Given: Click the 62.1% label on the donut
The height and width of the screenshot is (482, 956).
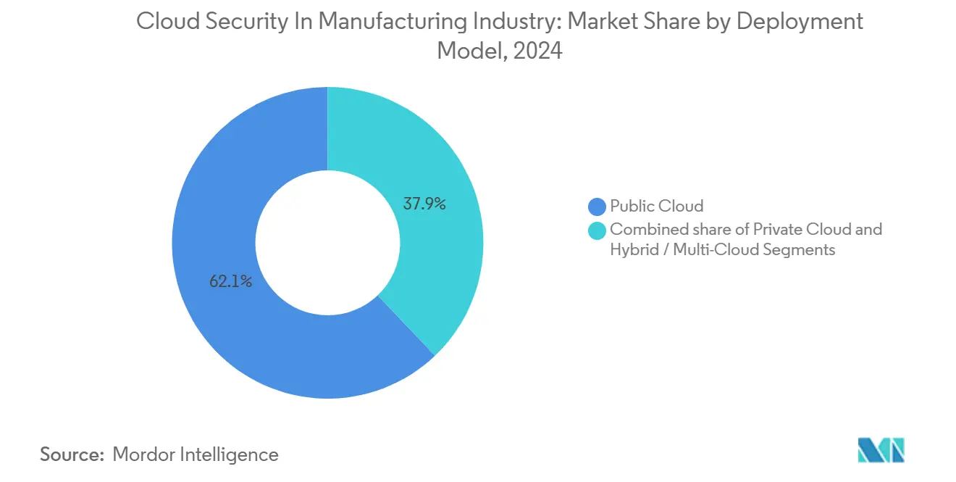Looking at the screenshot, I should pyautogui.click(x=230, y=282).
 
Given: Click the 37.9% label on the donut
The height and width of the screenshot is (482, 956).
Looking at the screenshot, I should pyautogui.click(x=424, y=204).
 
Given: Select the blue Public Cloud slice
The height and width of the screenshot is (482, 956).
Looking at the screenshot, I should pyautogui.click(x=217, y=217).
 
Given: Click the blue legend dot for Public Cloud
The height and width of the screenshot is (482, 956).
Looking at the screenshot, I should pyautogui.click(x=597, y=207).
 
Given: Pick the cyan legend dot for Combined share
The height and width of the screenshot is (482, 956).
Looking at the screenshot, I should pyautogui.click(x=597, y=230).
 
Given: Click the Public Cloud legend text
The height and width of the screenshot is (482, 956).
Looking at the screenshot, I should pyautogui.click(x=656, y=207).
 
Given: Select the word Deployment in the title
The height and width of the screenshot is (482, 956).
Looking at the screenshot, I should pyautogui.click(x=800, y=22).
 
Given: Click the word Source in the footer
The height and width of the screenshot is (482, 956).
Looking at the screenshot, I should pyautogui.click(x=71, y=454).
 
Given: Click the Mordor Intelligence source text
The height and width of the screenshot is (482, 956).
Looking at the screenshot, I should pyautogui.click(x=196, y=454).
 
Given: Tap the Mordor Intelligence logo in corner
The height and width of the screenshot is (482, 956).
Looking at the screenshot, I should pyautogui.click(x=881, y=450).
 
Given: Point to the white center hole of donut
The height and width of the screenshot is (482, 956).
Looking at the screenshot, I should pyautogui.click(x=327, y=242).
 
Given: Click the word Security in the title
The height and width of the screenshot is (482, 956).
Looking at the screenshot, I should pyautogui.click(x=245, y=22).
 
